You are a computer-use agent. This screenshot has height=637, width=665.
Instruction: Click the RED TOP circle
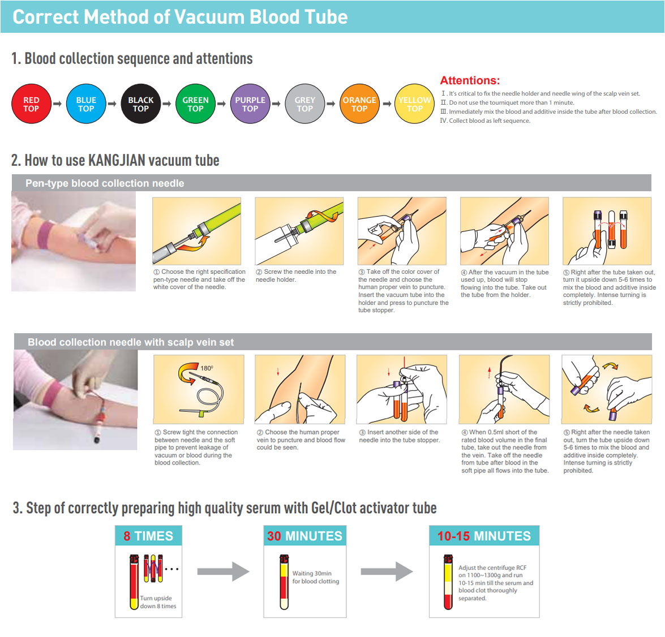point(31,104)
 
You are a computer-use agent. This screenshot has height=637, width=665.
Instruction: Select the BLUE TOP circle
point(86,104)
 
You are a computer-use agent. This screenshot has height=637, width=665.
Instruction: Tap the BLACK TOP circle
point(141,104)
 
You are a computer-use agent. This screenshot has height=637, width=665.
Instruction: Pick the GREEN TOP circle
point(195,104)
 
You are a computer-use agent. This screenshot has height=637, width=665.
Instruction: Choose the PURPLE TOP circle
point(250,104)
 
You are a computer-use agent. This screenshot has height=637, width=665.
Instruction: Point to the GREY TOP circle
point(305,104)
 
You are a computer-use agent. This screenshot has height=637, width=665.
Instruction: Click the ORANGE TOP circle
point(359,104)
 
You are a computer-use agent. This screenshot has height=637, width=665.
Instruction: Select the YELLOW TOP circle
point(415,104)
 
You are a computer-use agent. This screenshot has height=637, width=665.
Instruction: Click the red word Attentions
point(470,80)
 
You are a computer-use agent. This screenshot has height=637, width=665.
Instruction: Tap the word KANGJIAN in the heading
point(115,161)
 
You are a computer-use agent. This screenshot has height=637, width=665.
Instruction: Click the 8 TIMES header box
point(148,536)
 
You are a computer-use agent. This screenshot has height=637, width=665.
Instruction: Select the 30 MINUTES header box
point(305,536)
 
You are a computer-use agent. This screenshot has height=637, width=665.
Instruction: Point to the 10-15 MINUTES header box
point(484,536)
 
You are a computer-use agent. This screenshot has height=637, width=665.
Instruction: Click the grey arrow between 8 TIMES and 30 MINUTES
point(224,571)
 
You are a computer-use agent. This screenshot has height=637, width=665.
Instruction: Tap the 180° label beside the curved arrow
point(207,368)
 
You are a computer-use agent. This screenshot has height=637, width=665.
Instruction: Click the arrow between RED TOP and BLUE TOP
point(57,104)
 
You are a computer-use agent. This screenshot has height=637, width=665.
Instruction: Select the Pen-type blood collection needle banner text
point(105,183)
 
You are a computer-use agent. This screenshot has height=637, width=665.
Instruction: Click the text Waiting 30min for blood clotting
point(316,577)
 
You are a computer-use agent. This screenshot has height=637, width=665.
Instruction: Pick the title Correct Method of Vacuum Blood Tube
point(180,17)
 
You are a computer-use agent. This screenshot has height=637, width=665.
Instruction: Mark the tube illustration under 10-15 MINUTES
point(448,582)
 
